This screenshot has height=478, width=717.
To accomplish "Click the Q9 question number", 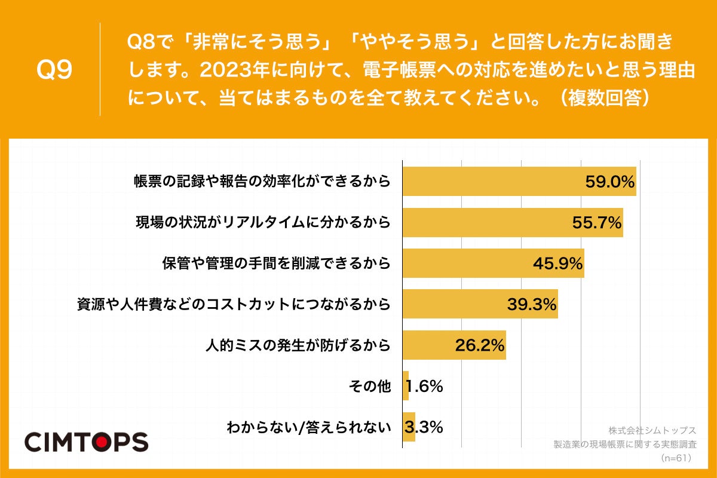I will [54, 70].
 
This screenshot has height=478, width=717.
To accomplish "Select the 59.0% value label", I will [609, 182].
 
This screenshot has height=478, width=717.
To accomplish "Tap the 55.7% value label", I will [597, 223].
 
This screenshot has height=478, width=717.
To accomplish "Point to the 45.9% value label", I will [557, 263].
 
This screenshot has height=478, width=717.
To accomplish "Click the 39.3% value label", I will [532, 304].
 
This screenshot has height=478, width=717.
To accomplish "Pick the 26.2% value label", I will [480, 345].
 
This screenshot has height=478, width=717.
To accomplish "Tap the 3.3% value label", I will [424, 427].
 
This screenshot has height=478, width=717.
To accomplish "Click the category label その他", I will [369, 387].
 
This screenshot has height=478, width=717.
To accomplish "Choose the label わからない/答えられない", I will [308, 428].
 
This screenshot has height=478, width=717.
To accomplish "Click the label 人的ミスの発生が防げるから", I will [298, 345].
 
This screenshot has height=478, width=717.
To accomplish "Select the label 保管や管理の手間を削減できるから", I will [276, 263].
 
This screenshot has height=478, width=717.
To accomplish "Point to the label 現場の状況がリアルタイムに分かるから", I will [262, 223].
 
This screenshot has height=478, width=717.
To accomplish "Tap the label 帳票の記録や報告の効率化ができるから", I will [262, 182].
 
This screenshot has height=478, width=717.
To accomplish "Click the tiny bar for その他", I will [406, 386].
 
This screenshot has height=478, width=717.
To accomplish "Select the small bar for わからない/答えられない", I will [409, 427].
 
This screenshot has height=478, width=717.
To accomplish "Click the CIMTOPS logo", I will [86, 442].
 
